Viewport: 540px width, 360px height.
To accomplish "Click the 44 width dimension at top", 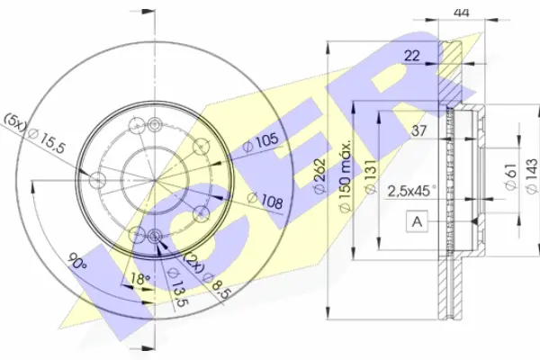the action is [462, 13].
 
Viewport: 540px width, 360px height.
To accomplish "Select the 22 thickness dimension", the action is [412, 55].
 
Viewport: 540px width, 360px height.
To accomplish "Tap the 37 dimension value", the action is [419, 130].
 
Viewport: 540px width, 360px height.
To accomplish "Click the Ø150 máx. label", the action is [345, 175].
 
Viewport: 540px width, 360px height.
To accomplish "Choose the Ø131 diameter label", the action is [371, 176].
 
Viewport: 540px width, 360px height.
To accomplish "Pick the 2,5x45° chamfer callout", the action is [412, 191].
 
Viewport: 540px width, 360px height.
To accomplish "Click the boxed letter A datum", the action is [417, 221].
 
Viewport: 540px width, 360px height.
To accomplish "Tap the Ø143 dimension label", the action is [532, 175].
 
